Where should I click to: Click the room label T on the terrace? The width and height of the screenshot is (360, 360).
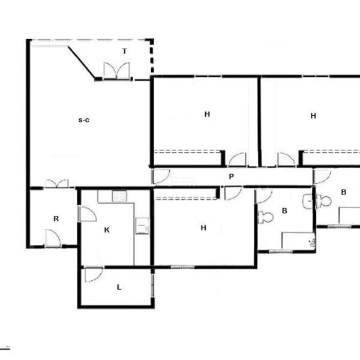(124, 51)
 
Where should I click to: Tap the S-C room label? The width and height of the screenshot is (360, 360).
(84, 120)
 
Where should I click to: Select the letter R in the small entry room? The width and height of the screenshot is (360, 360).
(56, 218)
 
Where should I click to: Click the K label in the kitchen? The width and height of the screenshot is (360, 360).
(107, 230)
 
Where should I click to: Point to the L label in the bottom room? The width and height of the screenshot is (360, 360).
(119, 287)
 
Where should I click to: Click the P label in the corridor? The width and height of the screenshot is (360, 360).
(232, 176)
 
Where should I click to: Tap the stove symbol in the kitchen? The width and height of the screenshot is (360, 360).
(119, 196)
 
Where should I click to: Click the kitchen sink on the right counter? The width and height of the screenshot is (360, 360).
(142, 226)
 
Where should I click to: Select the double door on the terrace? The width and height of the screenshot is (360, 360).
(116, 71)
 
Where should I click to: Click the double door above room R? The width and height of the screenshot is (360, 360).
(57, 184)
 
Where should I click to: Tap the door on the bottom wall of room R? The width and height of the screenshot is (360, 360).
(53, 239)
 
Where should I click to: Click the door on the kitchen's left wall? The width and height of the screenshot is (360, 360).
(87, 214)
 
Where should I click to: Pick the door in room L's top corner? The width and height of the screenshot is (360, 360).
(94, 274)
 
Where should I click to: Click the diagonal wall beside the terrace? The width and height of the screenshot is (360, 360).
(82, 62)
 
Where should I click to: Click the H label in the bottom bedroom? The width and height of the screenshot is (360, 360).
(203, 228)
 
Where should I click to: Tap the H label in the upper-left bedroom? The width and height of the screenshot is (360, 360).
(207, 114)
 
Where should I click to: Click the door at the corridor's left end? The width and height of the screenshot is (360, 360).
(161, 176)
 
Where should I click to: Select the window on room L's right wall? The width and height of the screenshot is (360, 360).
(152, 286)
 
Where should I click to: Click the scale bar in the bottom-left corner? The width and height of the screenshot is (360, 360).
(5, 348)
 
